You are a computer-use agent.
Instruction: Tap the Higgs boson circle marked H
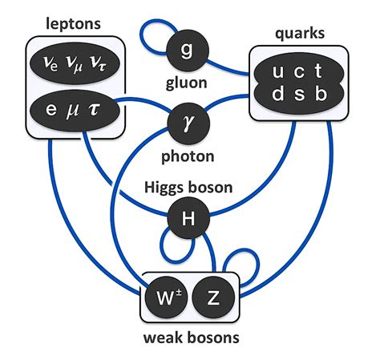187,216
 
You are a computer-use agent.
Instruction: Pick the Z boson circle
213,298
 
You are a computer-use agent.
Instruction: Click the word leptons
75,24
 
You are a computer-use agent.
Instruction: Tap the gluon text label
186,82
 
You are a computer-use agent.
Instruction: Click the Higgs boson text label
188,188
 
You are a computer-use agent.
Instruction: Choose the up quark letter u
277,72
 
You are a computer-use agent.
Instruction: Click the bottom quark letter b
321,94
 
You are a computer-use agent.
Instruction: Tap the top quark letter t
320,72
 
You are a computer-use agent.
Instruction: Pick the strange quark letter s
299,94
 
